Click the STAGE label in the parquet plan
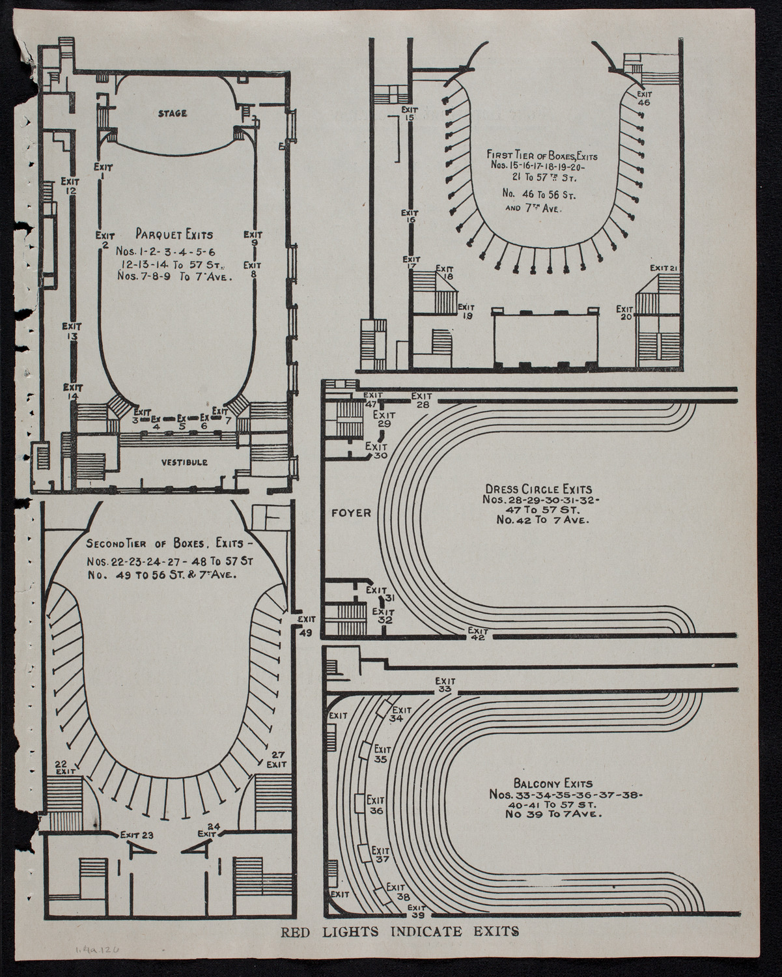pyautogui.click(x=173, y=113)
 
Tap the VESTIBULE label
pyautogui.click(x=185, y=462)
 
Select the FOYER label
pyautogui.click(x=351, y=513)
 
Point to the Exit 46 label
pyautogui.click(x=643, y=98)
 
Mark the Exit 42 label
pyautogui.click(x=478, y=634)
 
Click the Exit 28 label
pyautogui.click(x=422, y=400)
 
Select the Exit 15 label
pyautogui.click(x=409, y=113)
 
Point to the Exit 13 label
pyautogui.click(x=72, y=331)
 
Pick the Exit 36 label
pyautogui.click(x=376, y=805)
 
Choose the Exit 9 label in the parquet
pyautogui.click(x=255, y=238)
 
